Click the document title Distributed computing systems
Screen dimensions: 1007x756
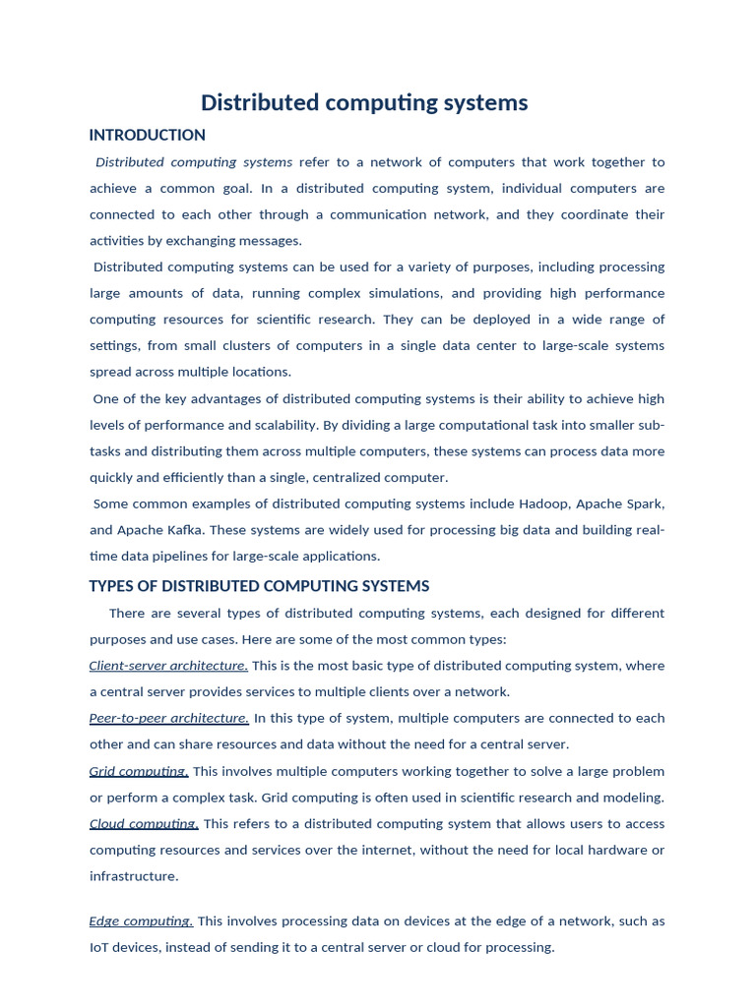(364, 102)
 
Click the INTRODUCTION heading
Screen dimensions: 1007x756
(147, 135)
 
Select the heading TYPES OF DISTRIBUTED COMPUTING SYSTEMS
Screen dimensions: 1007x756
(259, 586)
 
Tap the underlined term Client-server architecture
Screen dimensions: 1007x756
(168, 666)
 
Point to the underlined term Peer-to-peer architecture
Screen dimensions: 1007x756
(168, 718)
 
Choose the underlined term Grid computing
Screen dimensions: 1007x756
(139, 771)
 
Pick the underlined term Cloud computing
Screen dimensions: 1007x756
(144, 824)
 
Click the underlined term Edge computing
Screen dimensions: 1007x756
(141, 921)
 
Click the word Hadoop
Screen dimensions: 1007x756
(542, 503)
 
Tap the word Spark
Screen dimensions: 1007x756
(644, 503)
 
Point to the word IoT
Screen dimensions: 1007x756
(101, 948)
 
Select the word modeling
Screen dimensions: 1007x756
(634, 798)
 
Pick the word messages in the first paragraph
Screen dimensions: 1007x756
(271, 241)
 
